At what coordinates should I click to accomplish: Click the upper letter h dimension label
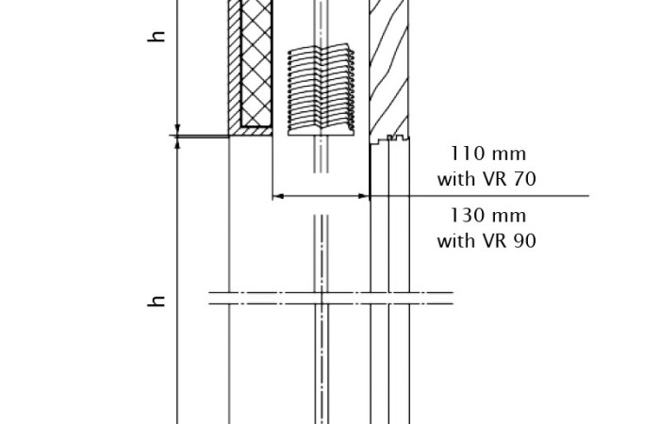157,36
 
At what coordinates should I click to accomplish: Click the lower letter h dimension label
157,301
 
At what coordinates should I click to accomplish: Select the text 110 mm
487,154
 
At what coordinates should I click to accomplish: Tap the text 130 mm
487,216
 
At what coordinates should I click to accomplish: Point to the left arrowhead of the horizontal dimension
278,196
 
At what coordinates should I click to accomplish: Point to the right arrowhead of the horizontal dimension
364,196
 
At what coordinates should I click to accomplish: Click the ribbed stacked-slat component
322,90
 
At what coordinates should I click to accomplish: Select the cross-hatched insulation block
256,63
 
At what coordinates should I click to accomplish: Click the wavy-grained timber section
388,67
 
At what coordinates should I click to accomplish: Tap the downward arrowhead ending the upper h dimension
177,129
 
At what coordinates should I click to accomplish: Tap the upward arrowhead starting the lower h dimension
177,143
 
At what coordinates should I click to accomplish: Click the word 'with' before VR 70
456,179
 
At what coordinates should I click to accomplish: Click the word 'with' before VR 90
456,241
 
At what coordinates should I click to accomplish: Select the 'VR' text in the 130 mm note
495,241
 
